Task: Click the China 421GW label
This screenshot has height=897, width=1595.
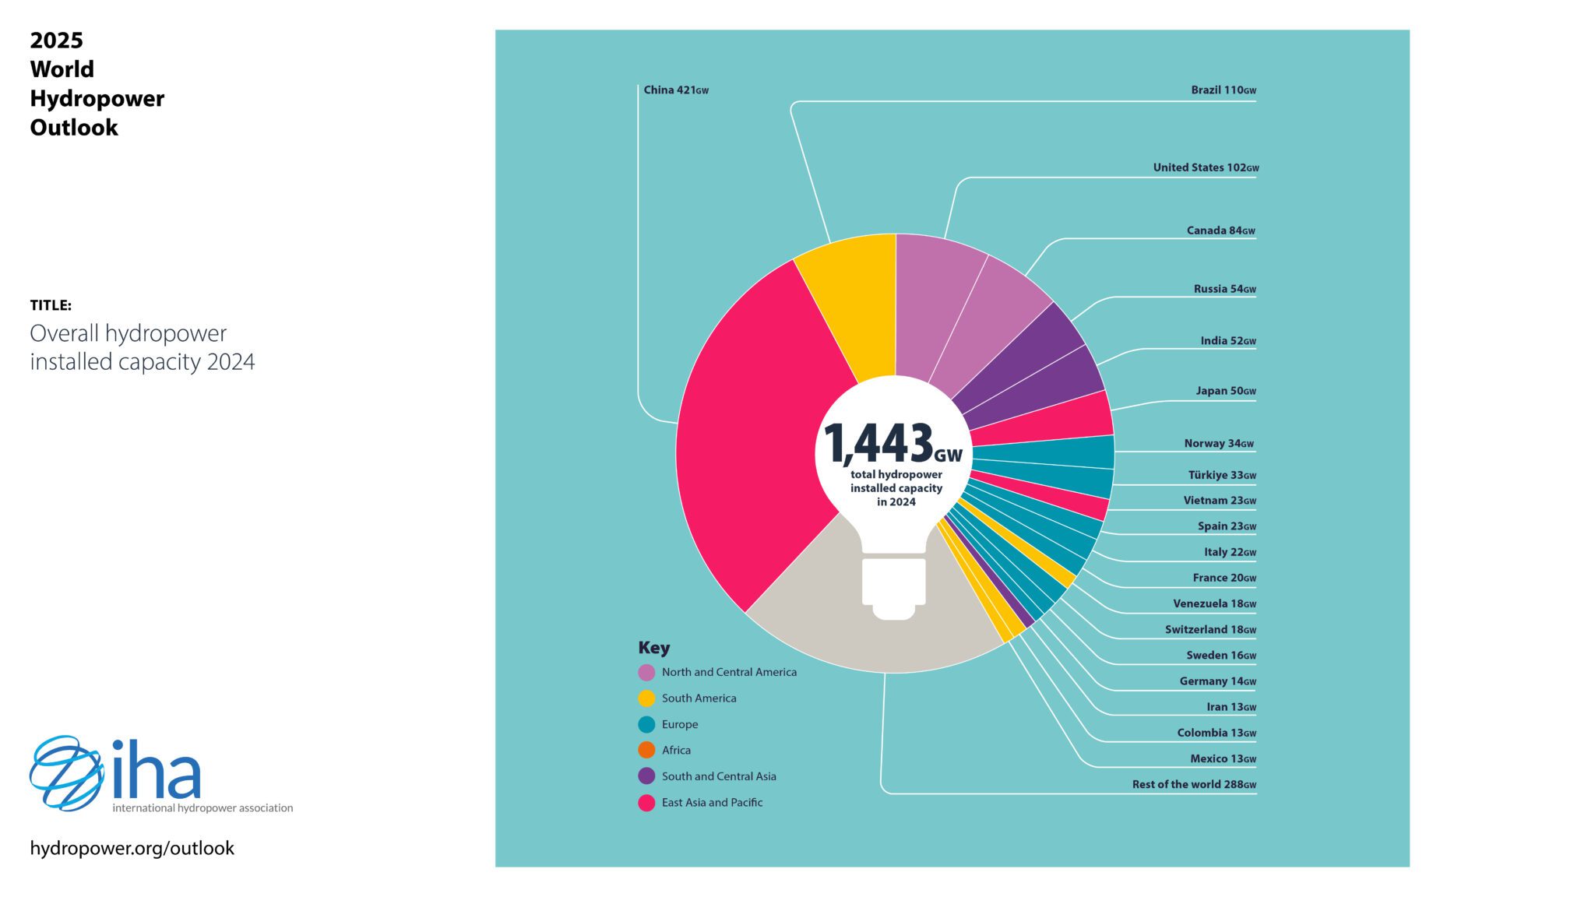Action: coord(675,90)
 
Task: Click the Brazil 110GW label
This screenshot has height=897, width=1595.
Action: coord(1223,90)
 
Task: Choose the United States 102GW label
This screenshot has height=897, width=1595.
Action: coord(1206,167)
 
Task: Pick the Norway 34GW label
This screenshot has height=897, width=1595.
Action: coord(1219,444)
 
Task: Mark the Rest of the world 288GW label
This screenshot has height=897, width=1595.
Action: coord(1194,785)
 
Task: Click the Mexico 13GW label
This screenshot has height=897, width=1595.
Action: coord(1223,759)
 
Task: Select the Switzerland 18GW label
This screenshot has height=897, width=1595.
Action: coord(1210,630)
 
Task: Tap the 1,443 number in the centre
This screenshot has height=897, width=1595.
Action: coord(878,444)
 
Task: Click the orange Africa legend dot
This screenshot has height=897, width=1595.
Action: coord(646,751)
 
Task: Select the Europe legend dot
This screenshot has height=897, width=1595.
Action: coord(646,725)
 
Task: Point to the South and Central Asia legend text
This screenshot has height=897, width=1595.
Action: coord(719,776)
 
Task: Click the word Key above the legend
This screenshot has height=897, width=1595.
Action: coord(653,648)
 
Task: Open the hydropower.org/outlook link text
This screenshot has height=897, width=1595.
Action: coord(132,848)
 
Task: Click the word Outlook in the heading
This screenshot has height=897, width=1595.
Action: coord(74,128)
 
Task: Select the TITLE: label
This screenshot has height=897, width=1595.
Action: coord(51,305)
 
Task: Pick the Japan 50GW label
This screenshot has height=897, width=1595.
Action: coord(1226,392)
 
